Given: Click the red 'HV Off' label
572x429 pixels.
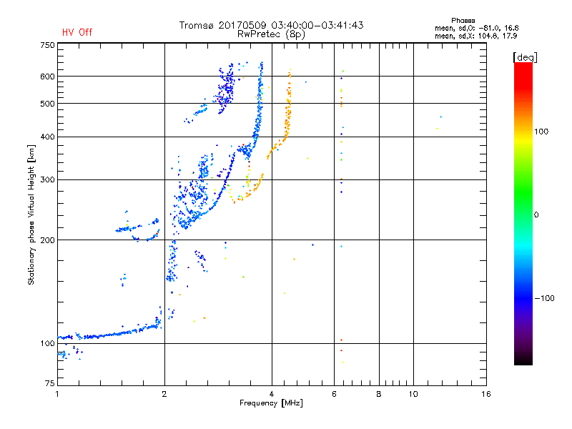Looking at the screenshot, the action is coord(77,32).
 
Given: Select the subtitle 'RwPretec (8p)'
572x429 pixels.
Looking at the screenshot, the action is coord(271,34).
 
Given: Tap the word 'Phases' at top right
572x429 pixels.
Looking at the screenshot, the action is coord(463,21).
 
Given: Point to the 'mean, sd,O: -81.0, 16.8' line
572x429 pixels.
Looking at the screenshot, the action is coord(476,28).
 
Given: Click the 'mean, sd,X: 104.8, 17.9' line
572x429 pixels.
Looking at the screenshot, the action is coord(475,36).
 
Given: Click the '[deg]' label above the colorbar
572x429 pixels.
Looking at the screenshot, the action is coord(525,57).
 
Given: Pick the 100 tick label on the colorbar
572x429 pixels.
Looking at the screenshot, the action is coord(541,132).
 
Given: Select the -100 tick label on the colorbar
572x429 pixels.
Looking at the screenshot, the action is coord(544,298).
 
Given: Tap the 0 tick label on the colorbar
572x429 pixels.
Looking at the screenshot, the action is coord(536,215).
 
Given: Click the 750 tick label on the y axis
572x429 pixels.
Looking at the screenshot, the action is coord(47,45).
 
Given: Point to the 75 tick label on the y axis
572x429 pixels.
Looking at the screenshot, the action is coord(50,383).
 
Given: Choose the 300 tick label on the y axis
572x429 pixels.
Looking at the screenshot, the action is coord(47,180).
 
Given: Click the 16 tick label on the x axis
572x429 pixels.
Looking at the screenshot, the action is coord(486,394).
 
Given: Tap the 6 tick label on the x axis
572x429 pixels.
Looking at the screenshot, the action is coord(334,394).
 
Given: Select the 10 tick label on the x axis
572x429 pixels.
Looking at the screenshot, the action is coord(413,394).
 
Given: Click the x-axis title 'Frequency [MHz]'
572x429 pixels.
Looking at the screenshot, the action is coord(271,403).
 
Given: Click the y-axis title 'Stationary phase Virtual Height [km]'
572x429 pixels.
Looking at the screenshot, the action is coord(31,215).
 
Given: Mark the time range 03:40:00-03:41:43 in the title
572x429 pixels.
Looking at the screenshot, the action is coord(317,25).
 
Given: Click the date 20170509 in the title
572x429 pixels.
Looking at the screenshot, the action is coord(242,25).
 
